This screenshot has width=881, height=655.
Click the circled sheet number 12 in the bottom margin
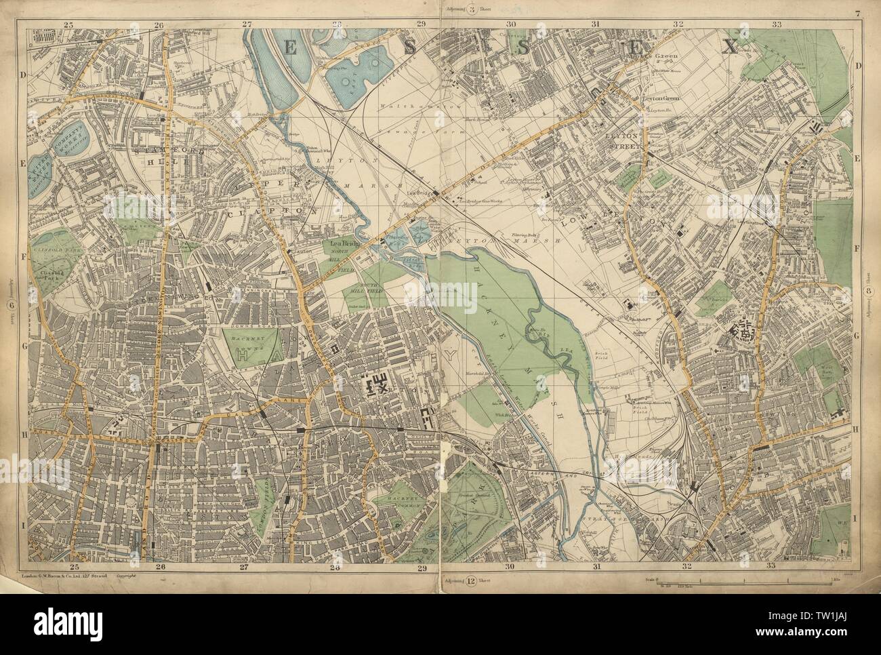pos(470,580)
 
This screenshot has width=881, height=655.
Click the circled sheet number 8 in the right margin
pos(868,291)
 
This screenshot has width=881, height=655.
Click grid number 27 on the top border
pos(248,24)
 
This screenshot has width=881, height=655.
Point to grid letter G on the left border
pos(22,346)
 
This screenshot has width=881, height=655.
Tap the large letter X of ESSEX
pos(730,46)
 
